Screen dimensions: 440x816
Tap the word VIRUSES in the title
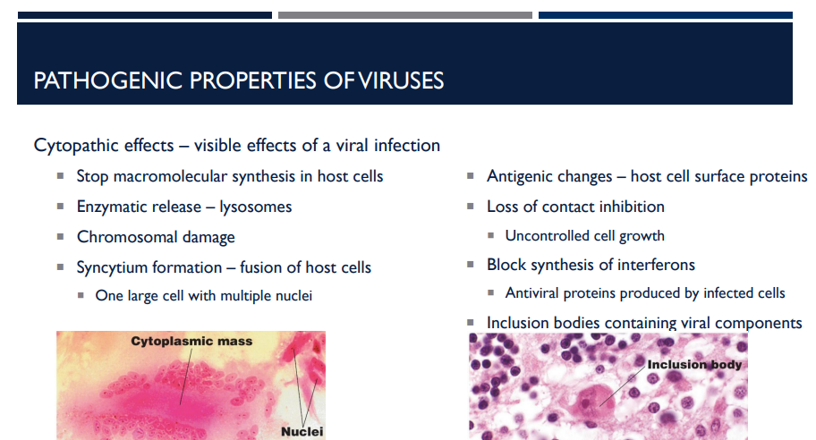tap(401, 81)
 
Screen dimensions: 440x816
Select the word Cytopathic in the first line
tap(75, 145)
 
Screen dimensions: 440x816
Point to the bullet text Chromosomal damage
tap(156, 237)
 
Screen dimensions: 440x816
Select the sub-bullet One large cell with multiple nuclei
tap(203, 295)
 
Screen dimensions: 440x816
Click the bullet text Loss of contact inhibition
tap(575, 207)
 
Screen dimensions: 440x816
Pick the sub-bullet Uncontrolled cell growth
tap(584, 236)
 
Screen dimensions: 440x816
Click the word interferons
tap(655, 265)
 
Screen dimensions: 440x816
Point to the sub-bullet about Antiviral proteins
tap(644, 293)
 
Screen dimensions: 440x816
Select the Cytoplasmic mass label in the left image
tap(191, 341)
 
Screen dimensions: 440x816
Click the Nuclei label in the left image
tap(302, 431)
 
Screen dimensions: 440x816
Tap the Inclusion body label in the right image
tap(693, 364)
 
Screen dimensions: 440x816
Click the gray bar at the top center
tap(404, 15)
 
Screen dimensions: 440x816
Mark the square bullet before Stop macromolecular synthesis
tap(60, 176)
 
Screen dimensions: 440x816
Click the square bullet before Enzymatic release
tap(60, 207)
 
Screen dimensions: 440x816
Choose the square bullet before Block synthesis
tap(471, 265)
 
